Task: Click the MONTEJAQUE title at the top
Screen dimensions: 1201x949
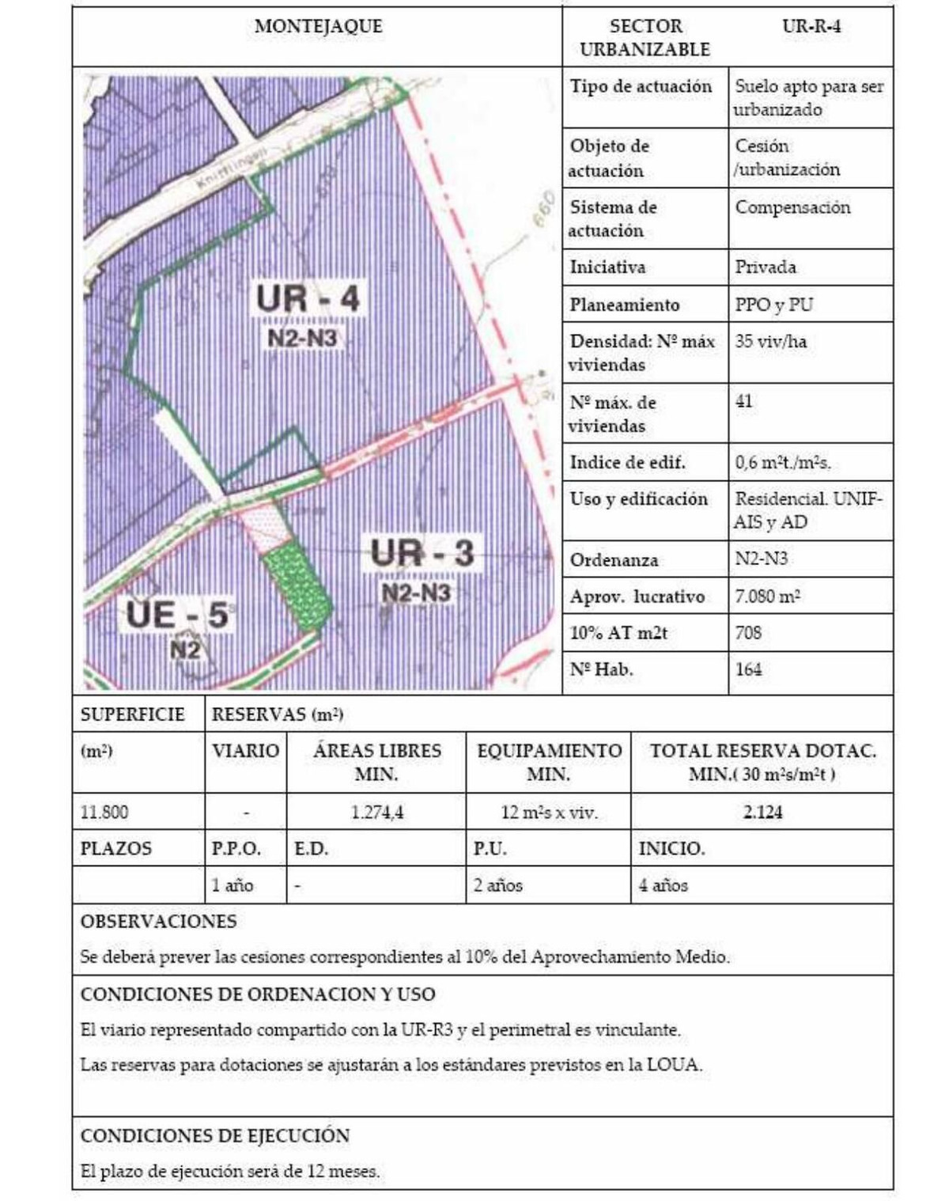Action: (318, 26)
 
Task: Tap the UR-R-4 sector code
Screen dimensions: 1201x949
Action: (811, 26)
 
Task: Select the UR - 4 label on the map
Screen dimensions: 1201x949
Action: (308, 298)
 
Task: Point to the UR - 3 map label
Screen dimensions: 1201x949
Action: (422, 552)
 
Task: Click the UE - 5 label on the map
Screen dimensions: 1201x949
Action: (177, 615)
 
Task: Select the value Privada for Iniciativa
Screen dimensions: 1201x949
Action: (766, 267)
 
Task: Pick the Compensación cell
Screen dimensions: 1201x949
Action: (792, 207)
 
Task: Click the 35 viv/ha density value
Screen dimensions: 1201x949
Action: (770, 342)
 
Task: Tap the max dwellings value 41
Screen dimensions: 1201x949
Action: (744, 401)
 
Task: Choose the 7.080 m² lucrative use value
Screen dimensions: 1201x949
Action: (767, 596)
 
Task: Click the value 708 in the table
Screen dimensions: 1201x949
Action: (748, 632)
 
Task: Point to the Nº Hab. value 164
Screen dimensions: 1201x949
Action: (748, 669)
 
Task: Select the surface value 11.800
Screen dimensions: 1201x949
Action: (104, 812)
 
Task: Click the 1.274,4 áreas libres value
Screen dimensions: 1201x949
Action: (376, 812)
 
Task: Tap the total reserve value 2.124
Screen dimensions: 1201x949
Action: (762, 812)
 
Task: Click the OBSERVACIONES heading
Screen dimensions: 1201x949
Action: (158, 921)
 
